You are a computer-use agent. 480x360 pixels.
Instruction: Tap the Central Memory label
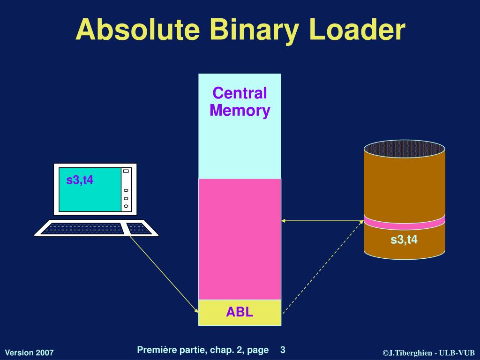coord(240,102)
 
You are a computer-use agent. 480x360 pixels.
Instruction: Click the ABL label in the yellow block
coord(240,312)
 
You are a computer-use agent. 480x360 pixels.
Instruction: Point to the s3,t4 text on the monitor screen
coord(80,179)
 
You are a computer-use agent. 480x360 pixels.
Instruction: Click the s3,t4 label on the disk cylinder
coord(404,240)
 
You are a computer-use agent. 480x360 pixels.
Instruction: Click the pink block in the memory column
coord(240,239)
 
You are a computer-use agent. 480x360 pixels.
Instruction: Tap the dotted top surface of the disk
coord(404,149)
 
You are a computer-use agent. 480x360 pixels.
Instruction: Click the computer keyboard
coord(96,228)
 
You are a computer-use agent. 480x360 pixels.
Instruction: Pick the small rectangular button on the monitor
coord(126,171)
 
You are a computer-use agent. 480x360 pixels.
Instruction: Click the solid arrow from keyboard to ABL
coord(164,274)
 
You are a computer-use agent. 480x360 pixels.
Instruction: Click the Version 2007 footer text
coord(29,352)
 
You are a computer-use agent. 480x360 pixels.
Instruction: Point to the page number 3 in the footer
coord(283,350)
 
